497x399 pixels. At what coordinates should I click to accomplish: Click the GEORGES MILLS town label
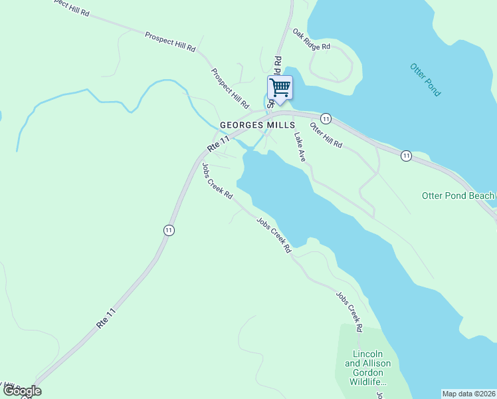[256, 124]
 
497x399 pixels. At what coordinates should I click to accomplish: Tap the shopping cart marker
[280, 88]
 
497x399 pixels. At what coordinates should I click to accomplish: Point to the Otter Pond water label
[425, 80]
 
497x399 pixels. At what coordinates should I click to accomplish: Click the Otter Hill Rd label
[326, 135]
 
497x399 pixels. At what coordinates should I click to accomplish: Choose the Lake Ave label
[300, 146]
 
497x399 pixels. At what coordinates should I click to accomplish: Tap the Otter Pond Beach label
[458, 196]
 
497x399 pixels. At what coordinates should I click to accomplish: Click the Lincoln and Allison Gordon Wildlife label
[368, 367]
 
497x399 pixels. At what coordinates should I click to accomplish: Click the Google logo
[21, 391]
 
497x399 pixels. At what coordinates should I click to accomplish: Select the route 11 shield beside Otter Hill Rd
[326, 118]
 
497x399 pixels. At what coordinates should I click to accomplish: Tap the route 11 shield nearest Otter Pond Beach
[406, 156]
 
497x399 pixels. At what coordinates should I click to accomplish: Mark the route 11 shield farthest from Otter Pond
[169, 230]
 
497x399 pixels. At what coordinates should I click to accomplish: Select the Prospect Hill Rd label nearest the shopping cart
[230, 88]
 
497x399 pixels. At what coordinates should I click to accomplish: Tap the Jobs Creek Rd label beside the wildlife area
[349, 312]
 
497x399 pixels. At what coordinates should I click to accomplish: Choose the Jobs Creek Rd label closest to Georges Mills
[217, 181]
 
